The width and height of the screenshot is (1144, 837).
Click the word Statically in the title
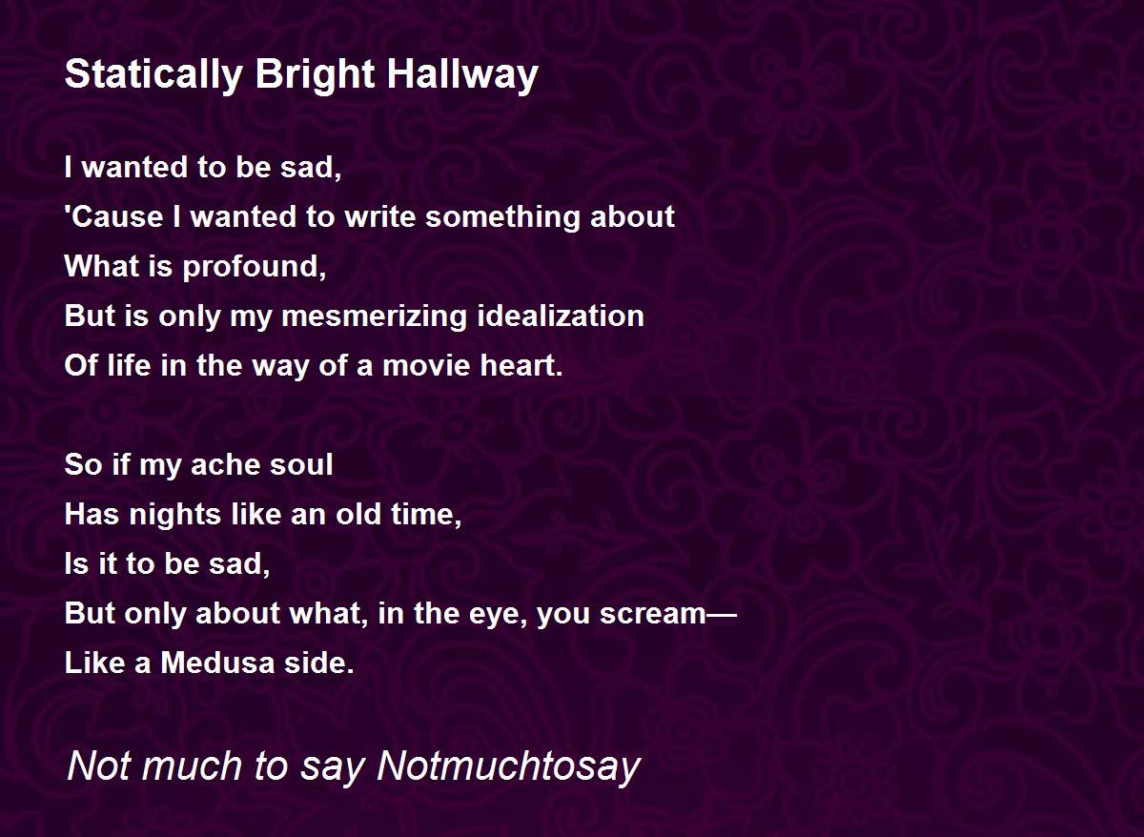(153, 74)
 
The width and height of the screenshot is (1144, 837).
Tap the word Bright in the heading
(316, 74)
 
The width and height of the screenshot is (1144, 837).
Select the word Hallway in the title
(462, 74)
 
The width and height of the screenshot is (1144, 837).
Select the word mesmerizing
(374, 317)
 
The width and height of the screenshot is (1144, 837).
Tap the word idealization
(561, 316)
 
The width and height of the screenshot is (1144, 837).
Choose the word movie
(426, 366)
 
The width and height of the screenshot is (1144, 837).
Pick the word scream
(653, 614)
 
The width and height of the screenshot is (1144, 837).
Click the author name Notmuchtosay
(508, 766)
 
